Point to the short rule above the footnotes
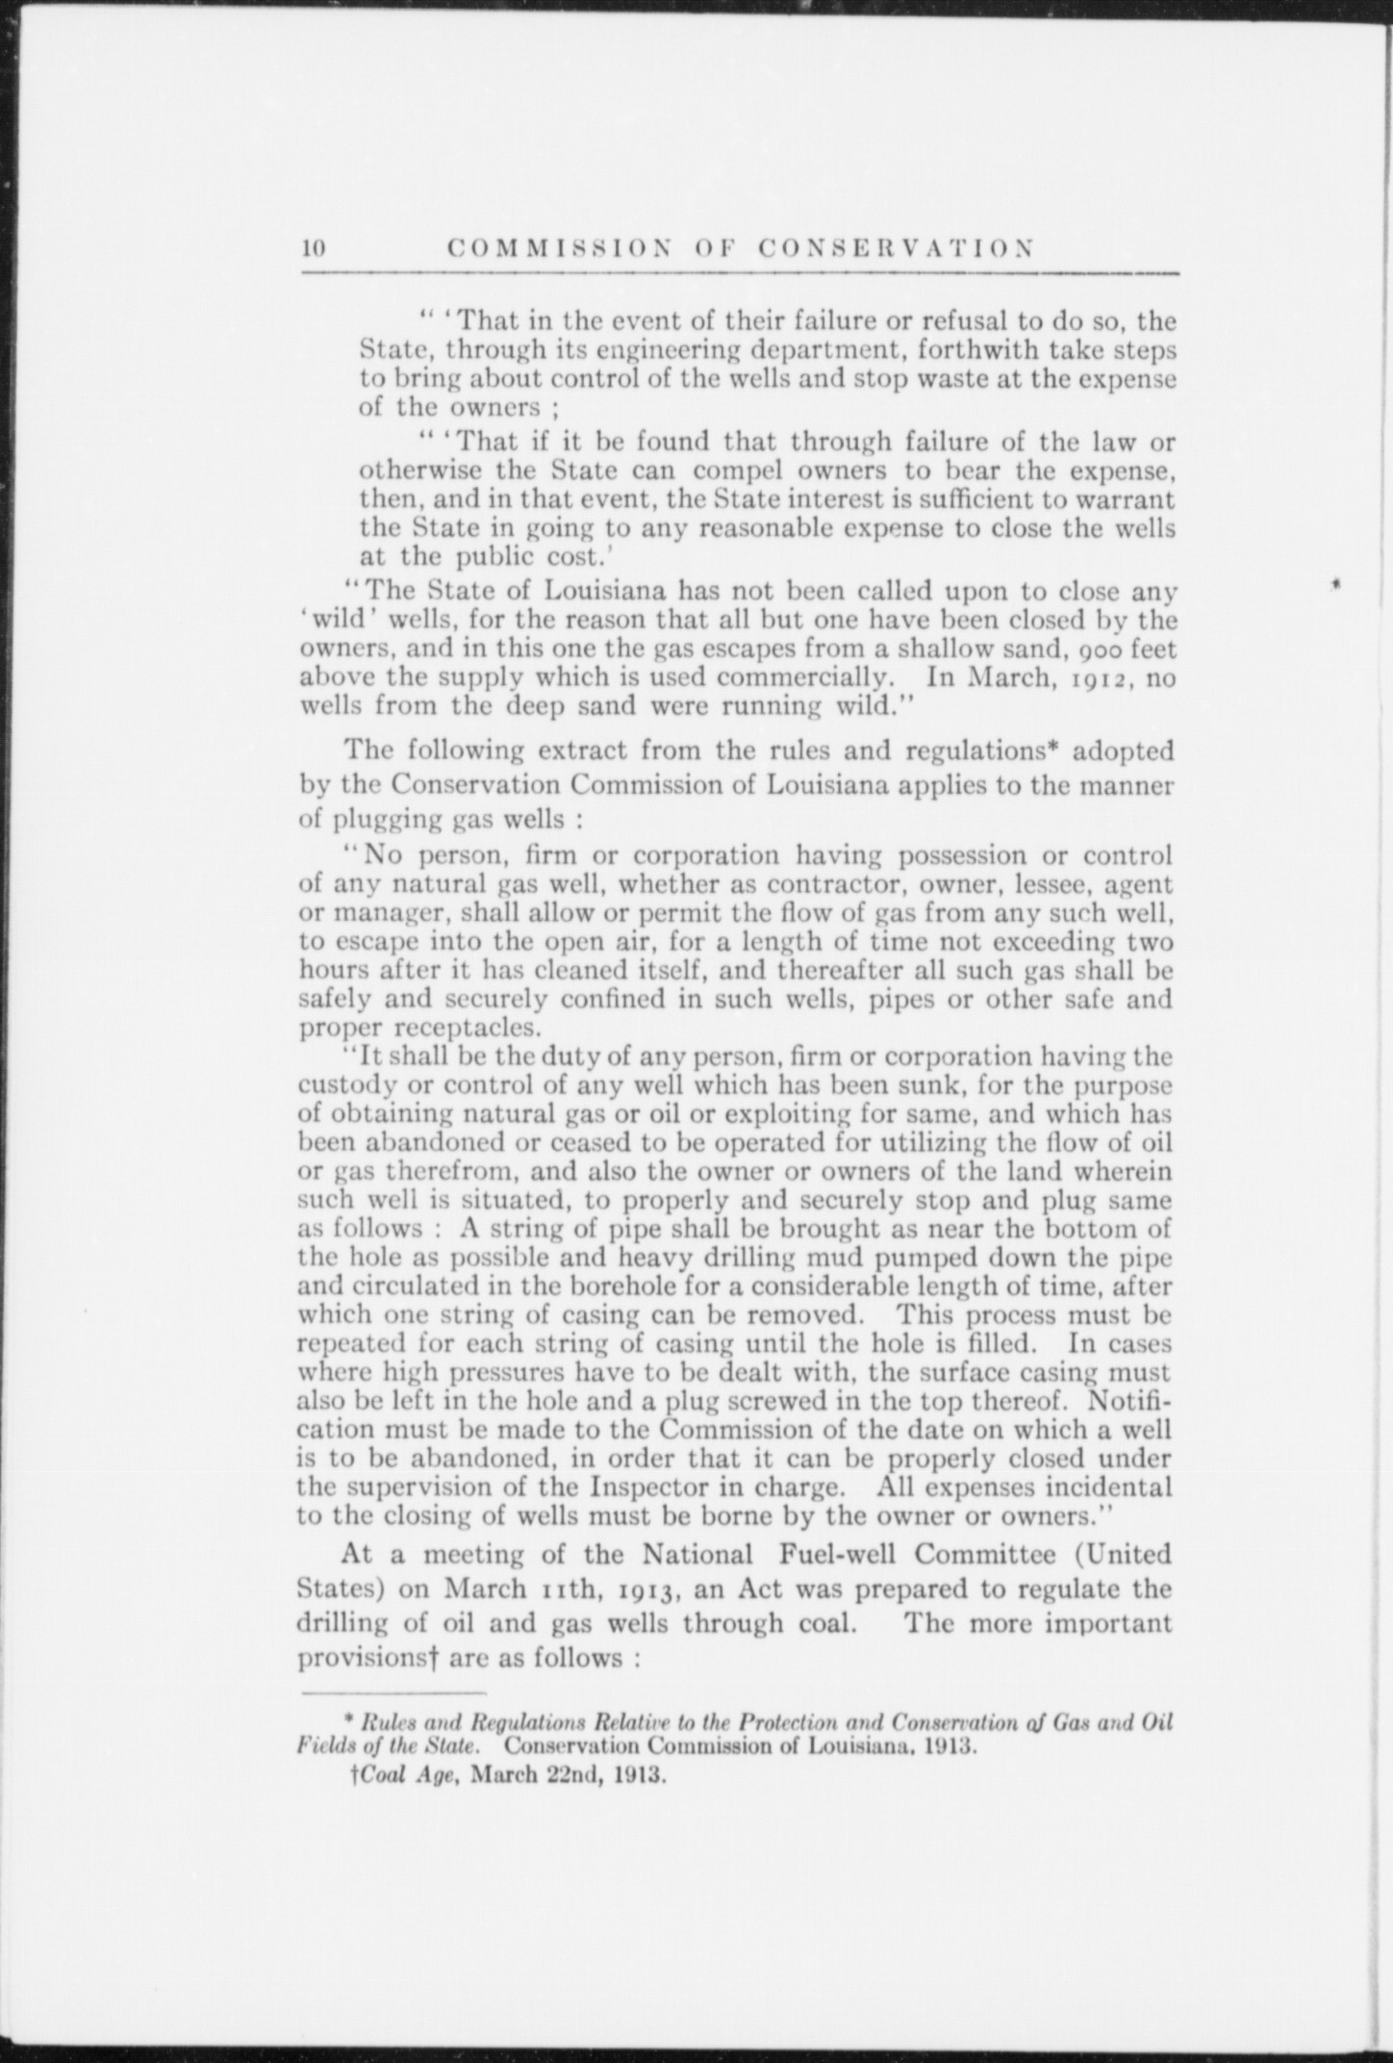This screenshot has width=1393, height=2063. coord(394,1693)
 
